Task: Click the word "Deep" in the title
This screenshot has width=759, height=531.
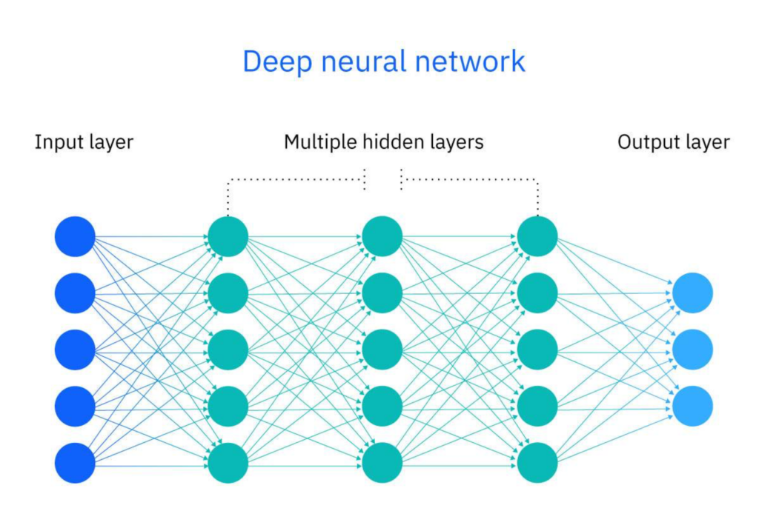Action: [274, 61]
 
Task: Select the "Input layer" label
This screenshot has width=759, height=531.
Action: [84, 142]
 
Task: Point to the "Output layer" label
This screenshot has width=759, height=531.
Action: [673, 142]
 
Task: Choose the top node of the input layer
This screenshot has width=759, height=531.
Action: [75, 237]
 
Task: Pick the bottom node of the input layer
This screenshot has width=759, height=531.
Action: [75, 463]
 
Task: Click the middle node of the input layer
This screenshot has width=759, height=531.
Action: [75, 350]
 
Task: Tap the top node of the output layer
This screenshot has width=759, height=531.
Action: [692, 293]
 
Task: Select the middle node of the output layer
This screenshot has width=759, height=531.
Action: [692, 350]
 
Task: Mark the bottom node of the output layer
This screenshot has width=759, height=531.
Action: [692, 406]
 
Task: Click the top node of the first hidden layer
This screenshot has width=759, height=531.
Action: [228, 237]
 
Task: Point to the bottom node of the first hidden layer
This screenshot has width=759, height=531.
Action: [228, 463]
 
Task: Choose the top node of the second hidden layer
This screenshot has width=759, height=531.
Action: [382, 237]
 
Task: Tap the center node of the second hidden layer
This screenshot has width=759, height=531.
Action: [382, 350]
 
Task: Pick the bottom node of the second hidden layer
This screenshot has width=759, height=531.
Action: [382, 463]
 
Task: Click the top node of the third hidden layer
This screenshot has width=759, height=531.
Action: [537, 237]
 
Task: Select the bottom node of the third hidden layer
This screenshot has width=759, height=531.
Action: [537, 463]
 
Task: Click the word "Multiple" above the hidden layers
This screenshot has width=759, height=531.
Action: [314, 142]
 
